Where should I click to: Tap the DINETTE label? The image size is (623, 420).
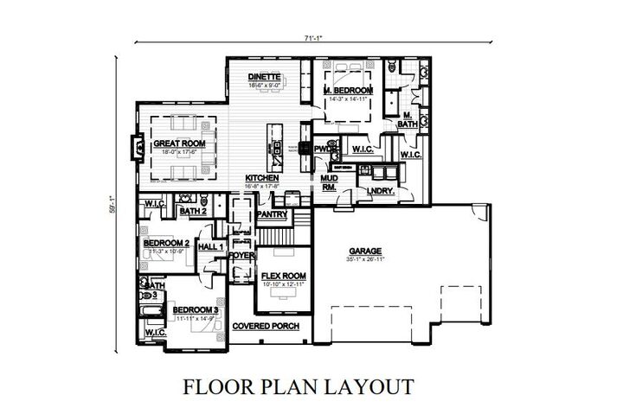click(262, 77)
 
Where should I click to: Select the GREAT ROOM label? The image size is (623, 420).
click(177, 143)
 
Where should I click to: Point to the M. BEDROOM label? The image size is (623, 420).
click(348, 90)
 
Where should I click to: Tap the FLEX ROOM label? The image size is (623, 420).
click(280, 276)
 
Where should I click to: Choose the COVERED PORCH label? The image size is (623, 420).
click(266, 326)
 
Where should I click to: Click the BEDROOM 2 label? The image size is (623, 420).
click(165, 243)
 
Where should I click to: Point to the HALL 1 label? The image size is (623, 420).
click(211, 247)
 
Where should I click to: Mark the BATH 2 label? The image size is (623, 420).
click(192, 210)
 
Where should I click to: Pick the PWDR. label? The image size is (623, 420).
click(325, 149)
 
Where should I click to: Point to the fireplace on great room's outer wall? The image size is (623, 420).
click(134, 147)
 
